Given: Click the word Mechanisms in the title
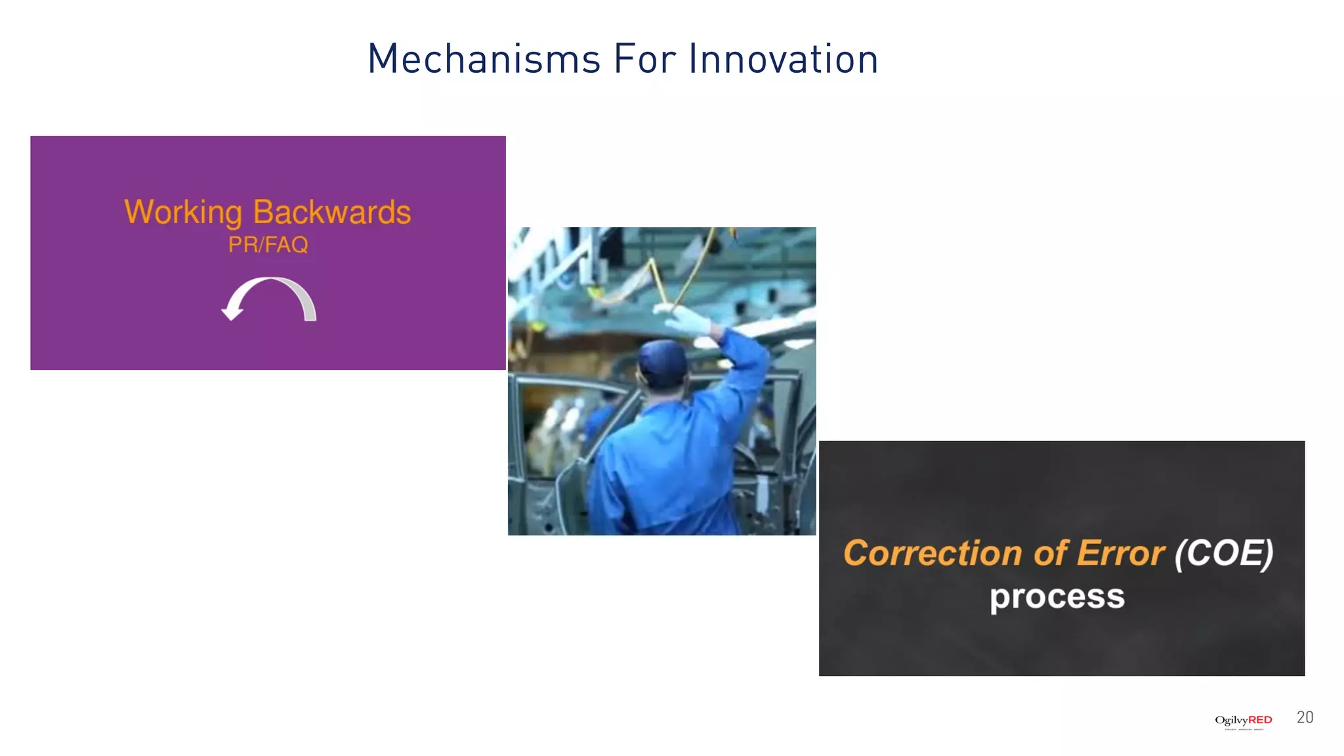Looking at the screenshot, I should [x=484, y=59].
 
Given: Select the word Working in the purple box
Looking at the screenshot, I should [x=183, y=213].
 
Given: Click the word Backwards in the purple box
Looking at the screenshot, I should [x=332, y=212].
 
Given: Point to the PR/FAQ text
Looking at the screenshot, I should [x=268, y=245].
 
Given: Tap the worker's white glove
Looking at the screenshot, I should [x=688, y=321].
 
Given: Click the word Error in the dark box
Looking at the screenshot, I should [x=1121, y=553].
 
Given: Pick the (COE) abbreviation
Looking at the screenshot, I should [x=1224, y=553].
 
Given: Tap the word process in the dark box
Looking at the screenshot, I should [x=1057, y=597].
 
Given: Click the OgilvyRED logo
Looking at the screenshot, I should [x=1243, y=721].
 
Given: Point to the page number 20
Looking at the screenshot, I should [x=1305, y=717].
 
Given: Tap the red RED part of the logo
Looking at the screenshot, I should [x=1260, y=720].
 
